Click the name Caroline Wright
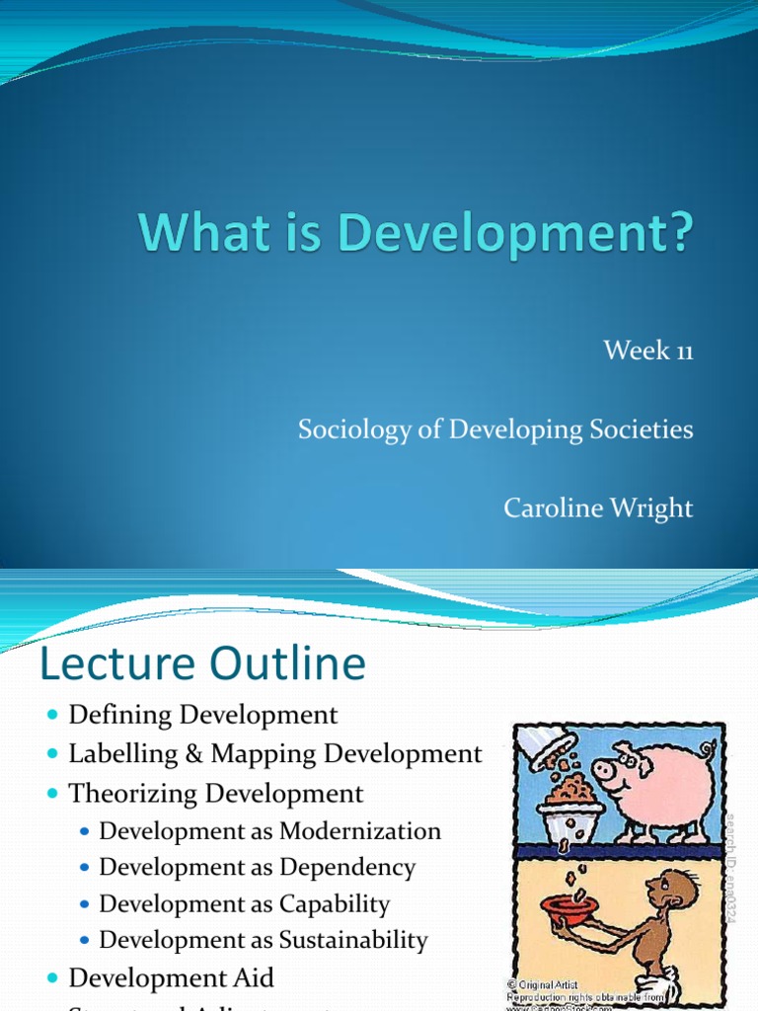(598, 508)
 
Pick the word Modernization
(360, 831)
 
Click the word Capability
(335, 904)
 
